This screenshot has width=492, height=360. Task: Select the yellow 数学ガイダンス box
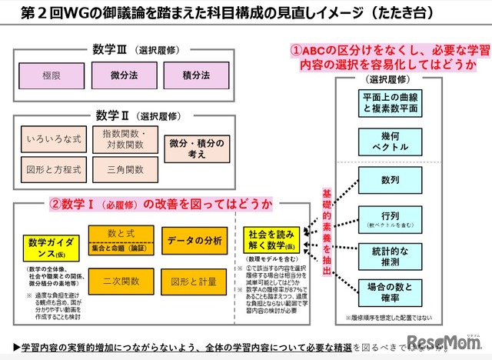coord(50,247)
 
